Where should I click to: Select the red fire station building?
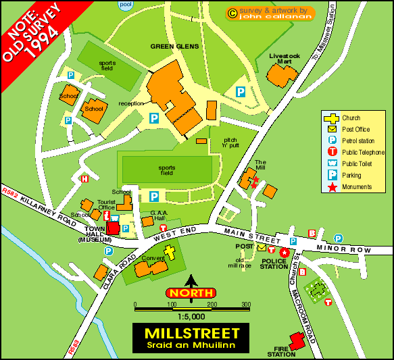[297, 339]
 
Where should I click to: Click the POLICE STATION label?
[274, 263]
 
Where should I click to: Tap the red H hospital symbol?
[84, 179]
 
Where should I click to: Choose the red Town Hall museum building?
[113, 229]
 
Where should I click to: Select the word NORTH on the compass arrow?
[191, 293]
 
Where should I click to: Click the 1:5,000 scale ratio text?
[191, 316]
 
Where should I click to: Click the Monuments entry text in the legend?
[357, 186]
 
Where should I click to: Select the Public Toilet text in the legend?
[360, 163]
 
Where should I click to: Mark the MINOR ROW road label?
[349, 250]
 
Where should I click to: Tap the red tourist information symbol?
[107, 215]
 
